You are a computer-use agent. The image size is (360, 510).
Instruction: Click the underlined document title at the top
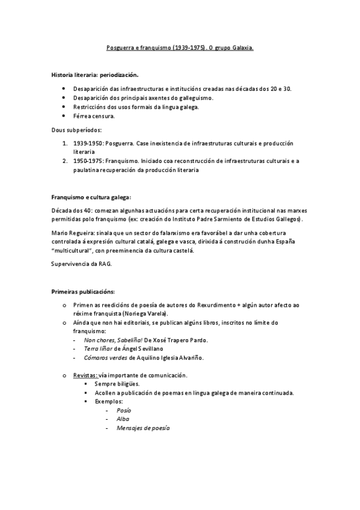(180, 46)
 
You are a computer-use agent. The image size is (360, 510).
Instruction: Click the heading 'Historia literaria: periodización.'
(95, 76)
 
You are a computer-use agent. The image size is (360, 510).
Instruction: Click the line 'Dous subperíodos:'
(76, 129)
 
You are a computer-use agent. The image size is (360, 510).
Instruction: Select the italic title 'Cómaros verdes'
(105, 358)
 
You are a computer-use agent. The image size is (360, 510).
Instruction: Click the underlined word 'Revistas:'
(85, 375)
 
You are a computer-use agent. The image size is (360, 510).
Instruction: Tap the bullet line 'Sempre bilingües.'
(117, 384)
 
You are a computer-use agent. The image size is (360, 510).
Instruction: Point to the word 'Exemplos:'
(109, 401)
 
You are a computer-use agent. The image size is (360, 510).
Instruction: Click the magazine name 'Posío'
(124, 410)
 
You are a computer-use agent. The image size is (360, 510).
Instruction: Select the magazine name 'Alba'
(123, 419)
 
